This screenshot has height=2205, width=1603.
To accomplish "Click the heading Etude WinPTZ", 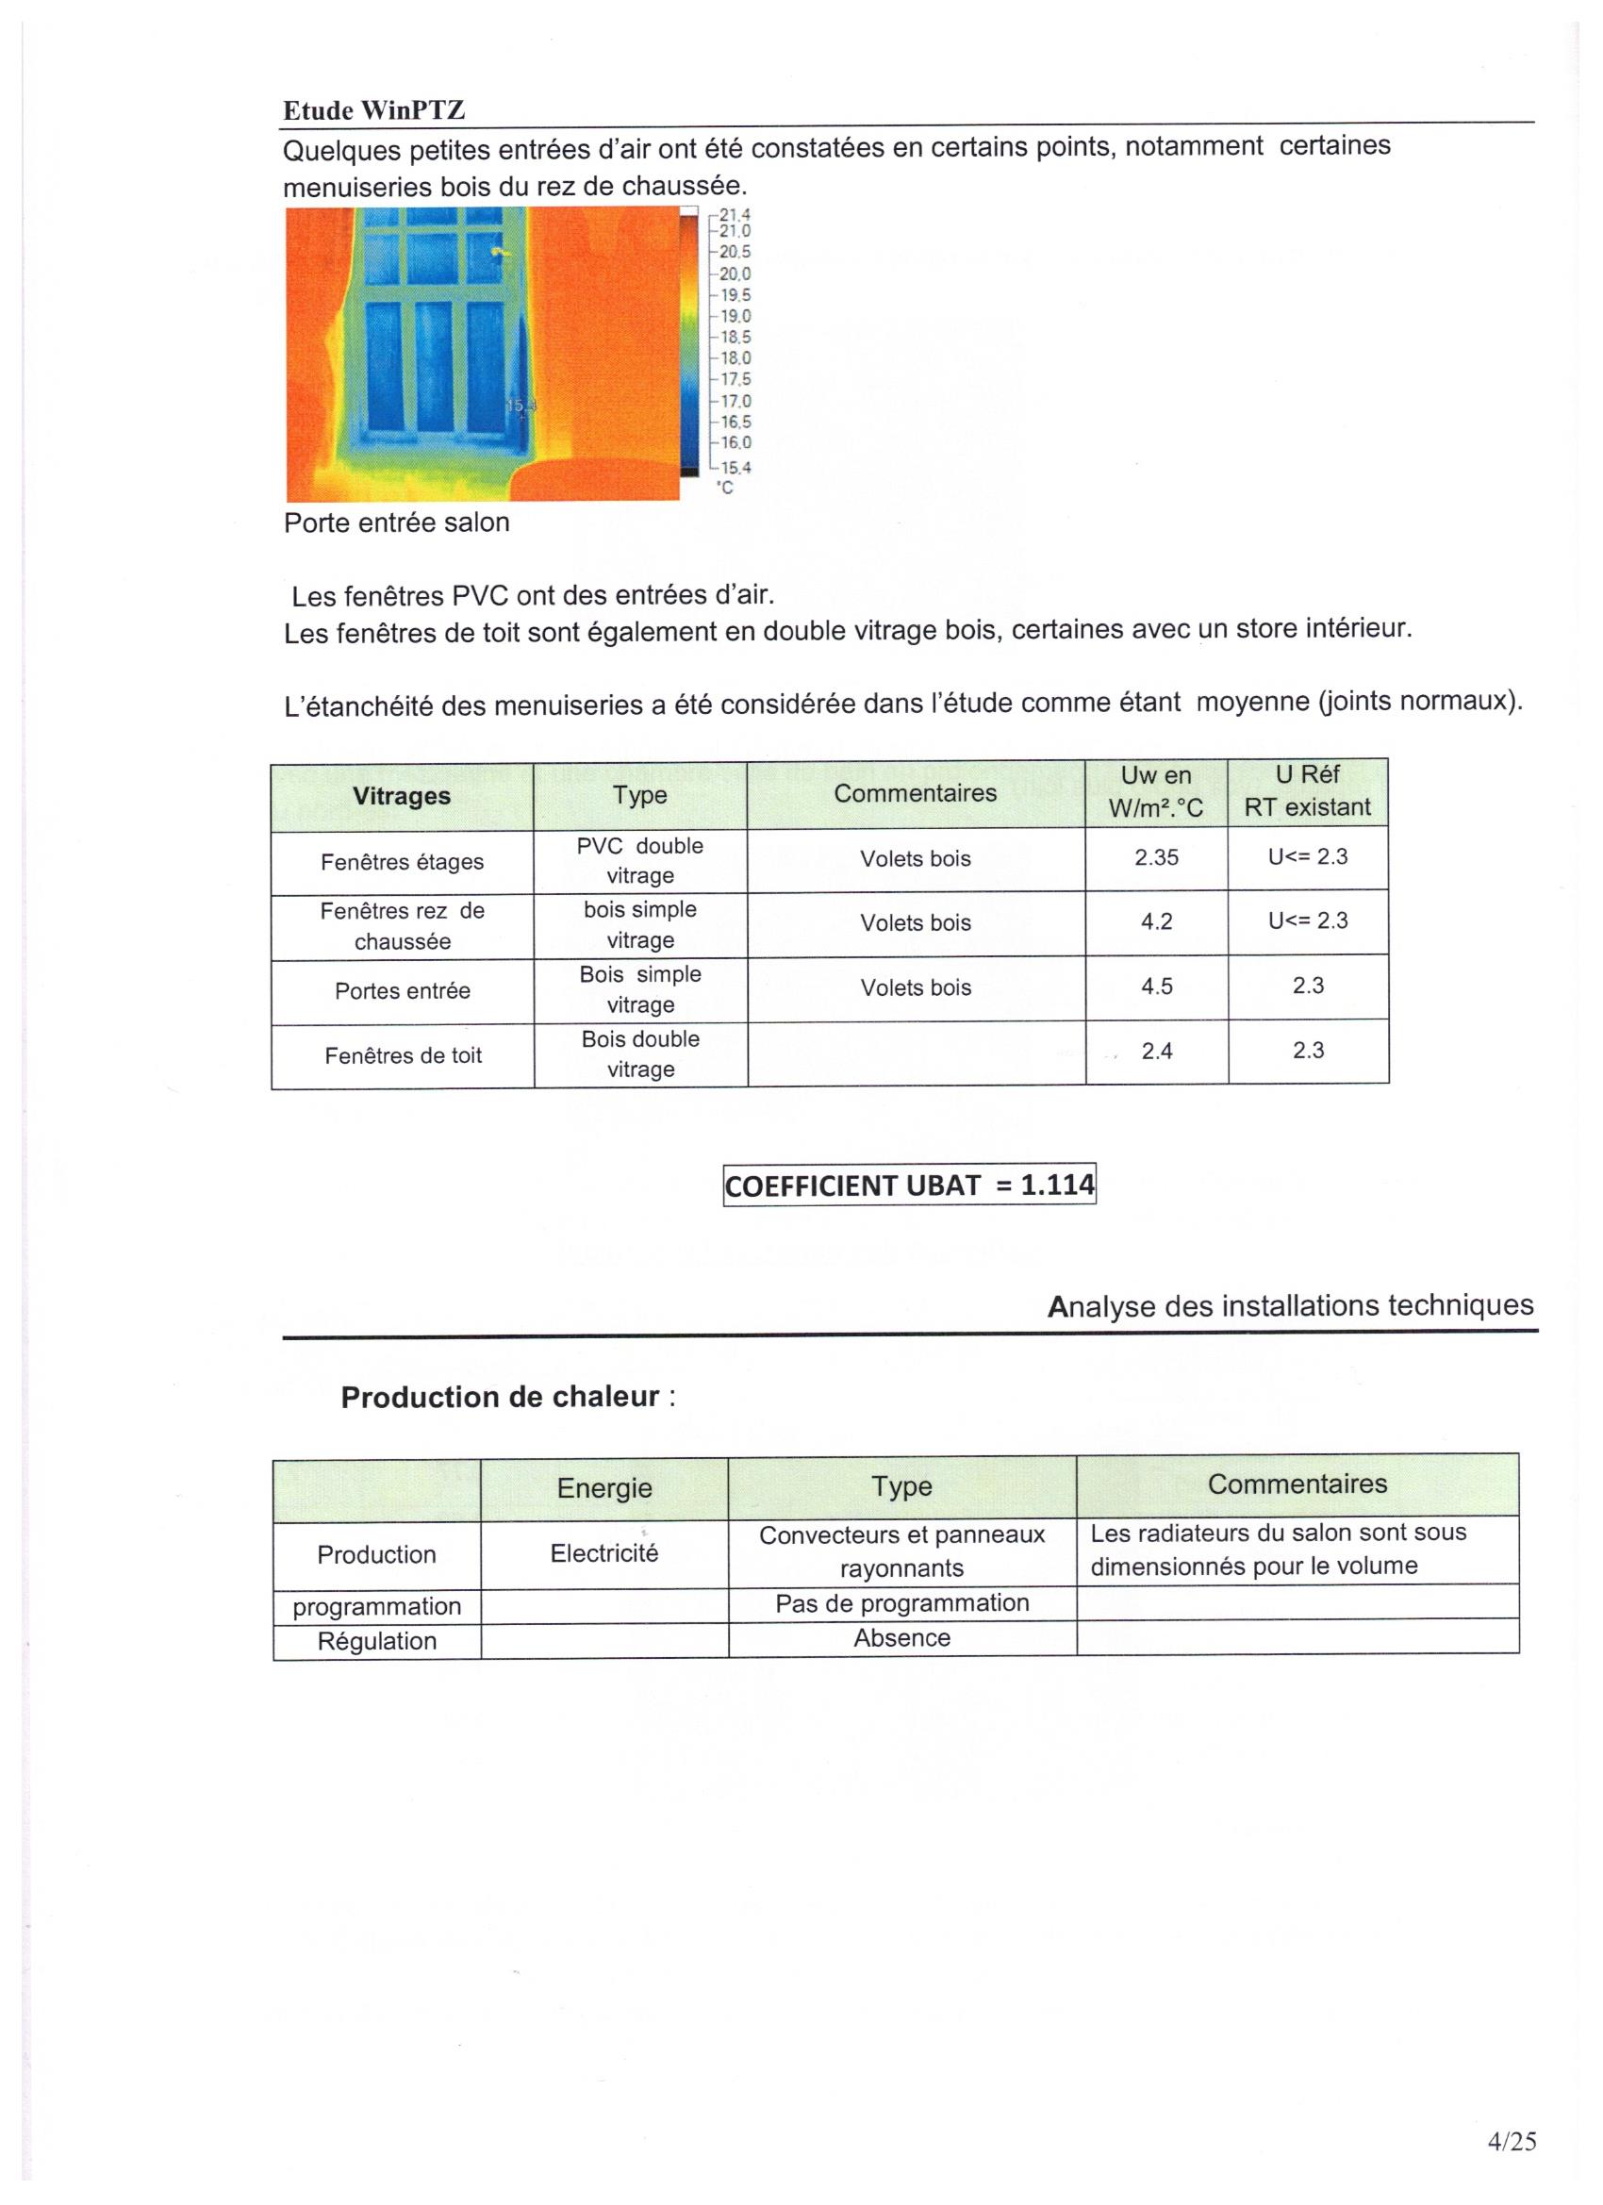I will coord(374,111).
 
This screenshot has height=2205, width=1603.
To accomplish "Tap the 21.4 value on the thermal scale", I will coord(735,215).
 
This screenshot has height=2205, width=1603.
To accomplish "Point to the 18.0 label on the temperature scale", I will coord(735,358).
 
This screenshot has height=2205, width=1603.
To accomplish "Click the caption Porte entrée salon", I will coord(397,523).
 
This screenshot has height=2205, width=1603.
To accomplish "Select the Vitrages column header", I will coord(402,796).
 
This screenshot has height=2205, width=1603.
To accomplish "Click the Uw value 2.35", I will coord(1156,858).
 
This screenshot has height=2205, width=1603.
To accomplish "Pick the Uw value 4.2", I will coord(1156,922).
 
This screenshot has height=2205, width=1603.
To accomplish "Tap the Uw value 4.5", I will coord(1156,986).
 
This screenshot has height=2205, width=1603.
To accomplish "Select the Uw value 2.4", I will coord(1156,1051).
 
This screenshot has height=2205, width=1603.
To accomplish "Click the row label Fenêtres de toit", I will coord(403,1056).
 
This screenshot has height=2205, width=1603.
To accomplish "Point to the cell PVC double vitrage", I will coord(639,860).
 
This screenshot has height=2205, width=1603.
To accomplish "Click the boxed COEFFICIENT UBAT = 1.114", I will coord(910,1185).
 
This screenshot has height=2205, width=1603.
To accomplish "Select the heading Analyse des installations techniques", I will coord(1291,1305).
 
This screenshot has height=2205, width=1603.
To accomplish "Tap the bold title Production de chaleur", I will coord(501,1398).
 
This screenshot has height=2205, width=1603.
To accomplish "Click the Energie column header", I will coord(603,1488).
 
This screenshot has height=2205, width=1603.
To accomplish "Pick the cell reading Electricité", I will coord(603,1553).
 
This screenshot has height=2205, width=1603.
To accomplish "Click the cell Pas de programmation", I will coord(901,1603).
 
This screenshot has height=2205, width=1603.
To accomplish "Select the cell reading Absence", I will coord(901,1638).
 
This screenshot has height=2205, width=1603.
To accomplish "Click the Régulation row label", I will coord(376,1641).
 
